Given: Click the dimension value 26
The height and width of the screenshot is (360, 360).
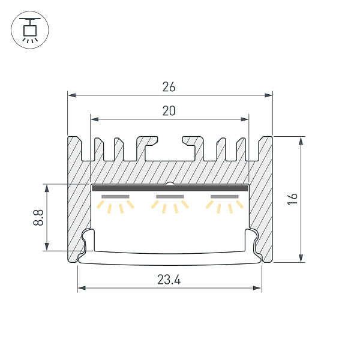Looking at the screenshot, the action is tap(169, 87).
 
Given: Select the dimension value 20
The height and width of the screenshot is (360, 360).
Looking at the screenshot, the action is tap(169, 111).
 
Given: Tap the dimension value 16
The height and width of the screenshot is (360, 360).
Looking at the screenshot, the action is tap(292, 199).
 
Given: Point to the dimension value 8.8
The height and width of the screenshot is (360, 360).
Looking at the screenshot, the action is tap(38, 217).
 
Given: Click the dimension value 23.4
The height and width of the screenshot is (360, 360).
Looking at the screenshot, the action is tap(169, 280).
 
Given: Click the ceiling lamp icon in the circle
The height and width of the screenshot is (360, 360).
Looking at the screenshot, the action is tap(30, 31).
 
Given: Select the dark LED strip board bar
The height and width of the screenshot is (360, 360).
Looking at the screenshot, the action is tap(170, 188).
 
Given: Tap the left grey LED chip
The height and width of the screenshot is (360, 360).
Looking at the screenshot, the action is tap(115, 197).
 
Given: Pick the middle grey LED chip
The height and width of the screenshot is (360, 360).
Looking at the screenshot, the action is tap(170, 197).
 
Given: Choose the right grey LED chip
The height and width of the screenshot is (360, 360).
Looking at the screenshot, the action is tap(224, 197).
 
